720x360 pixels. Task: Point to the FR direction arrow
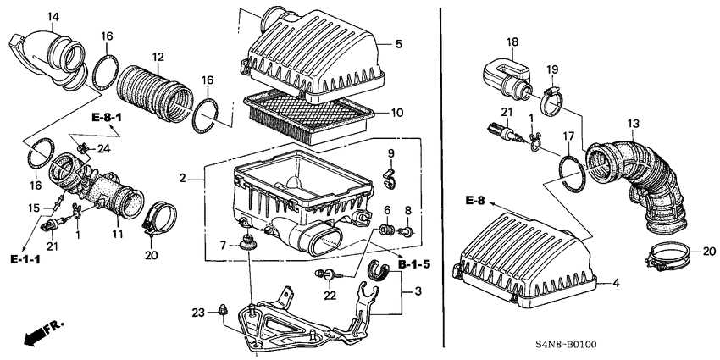36,337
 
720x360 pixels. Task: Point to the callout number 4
616,284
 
